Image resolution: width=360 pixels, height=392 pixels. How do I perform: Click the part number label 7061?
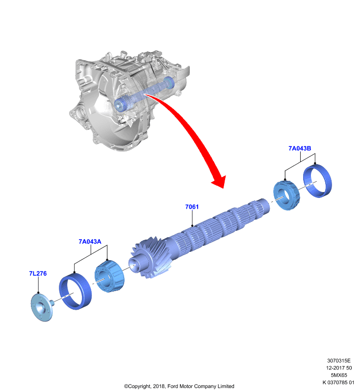click(x=192, y=207)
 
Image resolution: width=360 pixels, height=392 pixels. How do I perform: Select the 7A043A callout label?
click(x=90, y=242)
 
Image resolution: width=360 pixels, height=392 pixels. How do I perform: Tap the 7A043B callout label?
click(x=300, y=148)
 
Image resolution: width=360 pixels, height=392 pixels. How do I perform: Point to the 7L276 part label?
click(x=38, y=273)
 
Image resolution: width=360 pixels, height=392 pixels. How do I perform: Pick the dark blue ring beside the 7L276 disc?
click(x=76, y=292)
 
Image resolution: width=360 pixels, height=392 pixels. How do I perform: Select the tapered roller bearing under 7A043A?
click(x=109, y=276)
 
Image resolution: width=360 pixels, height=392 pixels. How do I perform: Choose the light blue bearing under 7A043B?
click(x=286, y=196)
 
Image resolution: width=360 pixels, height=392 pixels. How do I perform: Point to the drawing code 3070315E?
click(x=339, y=361)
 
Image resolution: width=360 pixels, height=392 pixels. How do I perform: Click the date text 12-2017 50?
click(x=339, y=368)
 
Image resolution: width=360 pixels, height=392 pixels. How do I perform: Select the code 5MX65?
click(x=339, y=375)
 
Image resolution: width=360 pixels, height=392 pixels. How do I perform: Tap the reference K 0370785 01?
click(x=338, y=382)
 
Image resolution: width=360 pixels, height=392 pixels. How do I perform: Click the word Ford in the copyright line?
click(x=172, y=386)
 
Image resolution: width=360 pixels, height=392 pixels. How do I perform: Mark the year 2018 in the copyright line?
click(x=158, y=386)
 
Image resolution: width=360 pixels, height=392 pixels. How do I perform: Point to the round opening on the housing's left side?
click(x=81, y=114)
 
